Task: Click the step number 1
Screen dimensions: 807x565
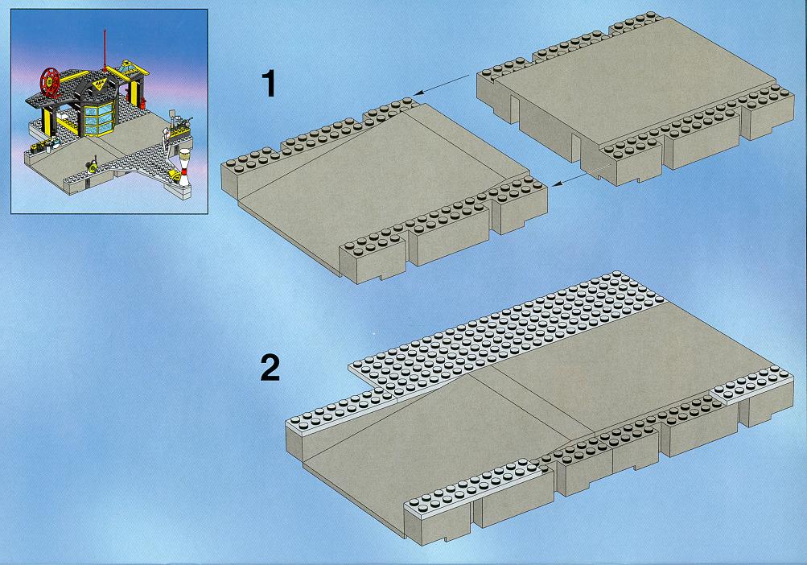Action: [x=269, y=84]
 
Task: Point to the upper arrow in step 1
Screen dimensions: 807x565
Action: [x=441, y=85]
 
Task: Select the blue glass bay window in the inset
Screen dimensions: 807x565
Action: [x=99, y=119]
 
